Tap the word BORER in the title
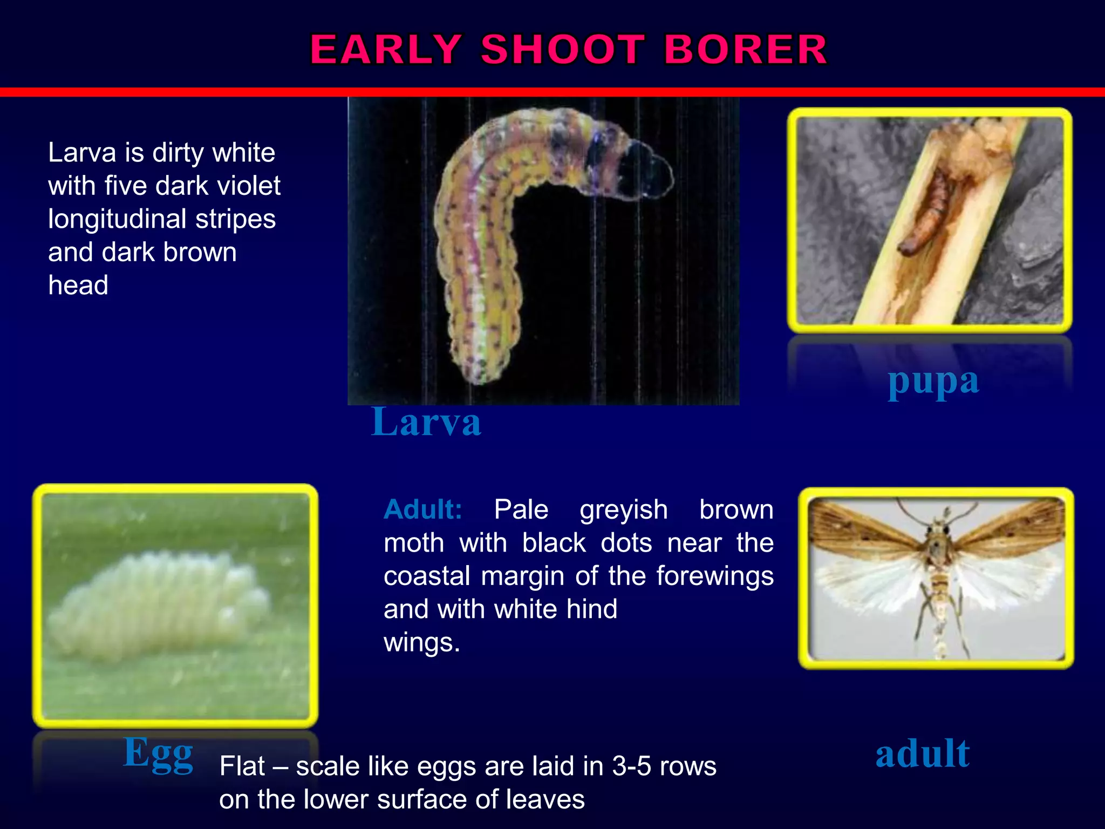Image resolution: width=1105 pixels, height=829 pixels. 746,49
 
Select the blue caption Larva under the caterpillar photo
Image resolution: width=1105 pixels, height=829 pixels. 426,422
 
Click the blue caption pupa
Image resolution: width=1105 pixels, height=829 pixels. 933,382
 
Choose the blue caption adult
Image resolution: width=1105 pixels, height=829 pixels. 922,753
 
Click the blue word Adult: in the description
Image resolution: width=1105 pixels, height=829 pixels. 423,509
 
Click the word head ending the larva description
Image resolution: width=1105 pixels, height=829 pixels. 78,285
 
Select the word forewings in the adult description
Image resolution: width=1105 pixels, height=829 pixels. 715,576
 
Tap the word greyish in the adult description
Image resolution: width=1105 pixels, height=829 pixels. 624,509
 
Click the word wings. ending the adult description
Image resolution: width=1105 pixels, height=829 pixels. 422,642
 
